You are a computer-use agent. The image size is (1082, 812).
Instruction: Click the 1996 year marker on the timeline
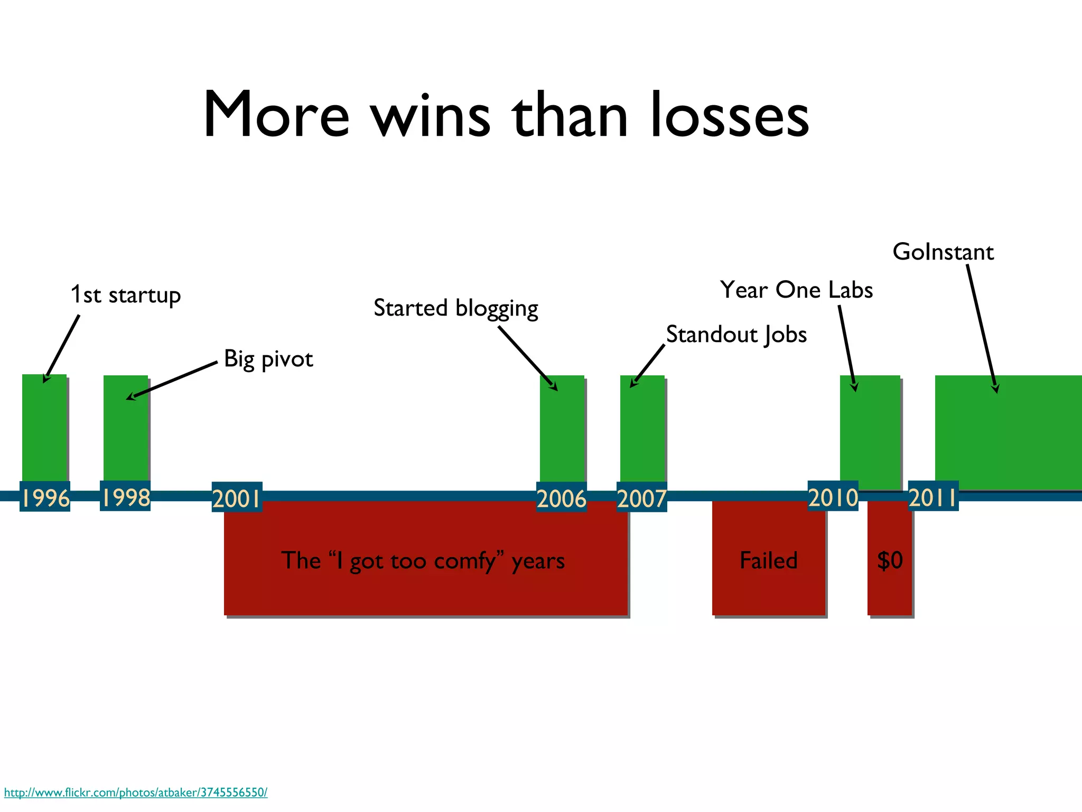[x=45, y=497]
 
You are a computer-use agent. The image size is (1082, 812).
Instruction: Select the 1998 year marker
[x=125, y=496]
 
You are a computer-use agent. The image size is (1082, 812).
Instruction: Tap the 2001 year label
[x=237, y=497]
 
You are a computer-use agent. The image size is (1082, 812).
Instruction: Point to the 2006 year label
[x=562, y=497]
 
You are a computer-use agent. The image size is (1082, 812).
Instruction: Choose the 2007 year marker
[x=642, y=497]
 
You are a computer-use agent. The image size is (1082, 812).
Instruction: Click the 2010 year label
[x=833, y=496]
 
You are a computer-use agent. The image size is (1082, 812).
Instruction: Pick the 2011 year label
[x=933, y=497]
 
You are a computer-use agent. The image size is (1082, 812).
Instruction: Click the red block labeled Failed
[x=768, y=559]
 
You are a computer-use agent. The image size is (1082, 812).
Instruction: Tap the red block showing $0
[x=890, y=559]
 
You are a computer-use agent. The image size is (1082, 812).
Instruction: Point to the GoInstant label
[x=943, y=252]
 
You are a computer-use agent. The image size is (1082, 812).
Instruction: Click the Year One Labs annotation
[x=796, y=290]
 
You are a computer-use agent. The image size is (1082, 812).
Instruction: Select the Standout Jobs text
[x=736, y=335]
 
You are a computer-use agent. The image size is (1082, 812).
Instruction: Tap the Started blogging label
[x=456, y=308]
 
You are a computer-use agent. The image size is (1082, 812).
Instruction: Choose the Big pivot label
[x=268, y=359]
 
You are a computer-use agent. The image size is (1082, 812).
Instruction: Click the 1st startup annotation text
[x=126, y=295]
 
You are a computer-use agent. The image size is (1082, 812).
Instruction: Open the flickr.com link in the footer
[x=136, y=792]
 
